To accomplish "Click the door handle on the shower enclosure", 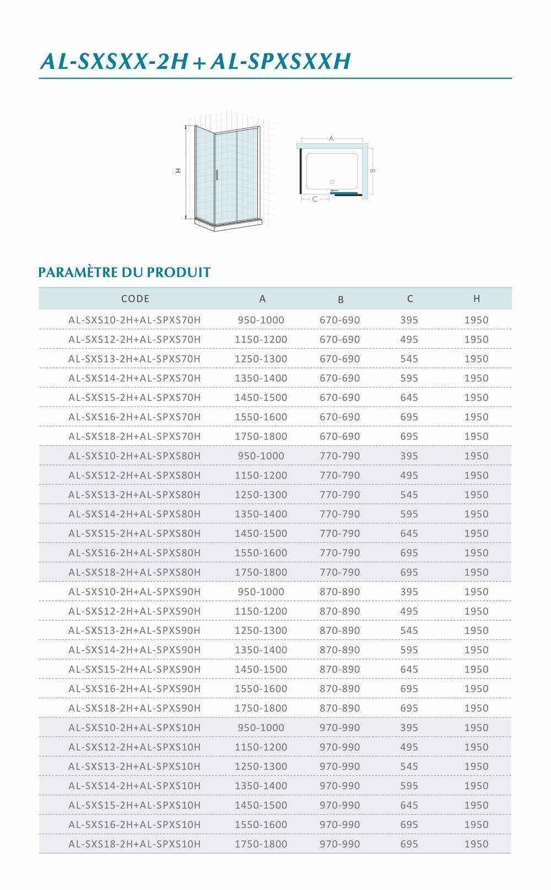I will pyautogui.click(x=217, y=175).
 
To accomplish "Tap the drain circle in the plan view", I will pyautogui.click(x=332, y=182).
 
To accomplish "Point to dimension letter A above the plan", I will pyautogui.click(x=331, y=139).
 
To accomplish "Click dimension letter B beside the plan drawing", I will pyautogui.click(x=372, y=171).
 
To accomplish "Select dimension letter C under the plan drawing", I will pyautogui.click(x=315, y=199).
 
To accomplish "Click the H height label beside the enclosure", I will pyautogui.click(x=178, y=171).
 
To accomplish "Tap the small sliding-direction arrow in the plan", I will pyautogui.click(x=334, y=191).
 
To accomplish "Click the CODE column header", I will pyautogui.click(x=135, y=299).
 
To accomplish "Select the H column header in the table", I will pyautogui.click(x=477, y=299).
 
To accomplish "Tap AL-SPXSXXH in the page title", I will pyautogui.click(x=280, y=62).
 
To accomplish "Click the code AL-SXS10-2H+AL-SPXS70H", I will pyautogui.click(x=134, y=320).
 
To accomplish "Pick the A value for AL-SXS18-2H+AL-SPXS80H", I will pyautogui.click(x=261, y=572).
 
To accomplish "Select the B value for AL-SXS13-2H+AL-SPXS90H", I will pyautogui.click(x=339, y=631).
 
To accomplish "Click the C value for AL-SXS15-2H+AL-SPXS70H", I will pyautogui.click(x=409, y=398).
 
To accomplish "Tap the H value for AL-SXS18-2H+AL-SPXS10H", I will pyautogui.click(x=476, y=844).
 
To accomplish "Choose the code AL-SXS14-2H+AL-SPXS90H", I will pyautogui.click(x=134, y=650).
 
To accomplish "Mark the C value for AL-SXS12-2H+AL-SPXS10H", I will pyautogui.click(x=409, y=747).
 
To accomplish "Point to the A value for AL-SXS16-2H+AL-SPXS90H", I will pyautogui.click(x=261, y=688).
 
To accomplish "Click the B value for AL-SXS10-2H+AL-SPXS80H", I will pyautogui.click(x=339, y=456).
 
